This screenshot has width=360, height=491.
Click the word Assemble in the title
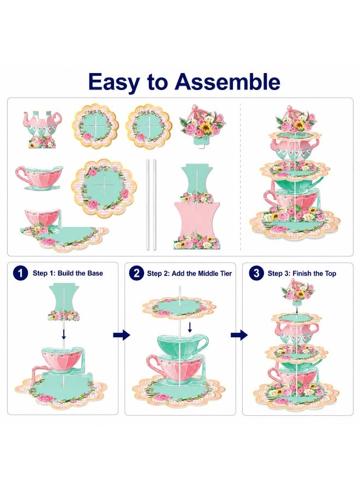point(227,82)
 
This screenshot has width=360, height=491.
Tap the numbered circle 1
point(20,273)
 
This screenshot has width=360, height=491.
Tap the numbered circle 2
point(136,273)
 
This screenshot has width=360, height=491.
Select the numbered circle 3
point(256,273)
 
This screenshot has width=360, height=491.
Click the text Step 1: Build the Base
point(68,273)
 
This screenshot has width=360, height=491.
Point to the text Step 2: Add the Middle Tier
point(189,273)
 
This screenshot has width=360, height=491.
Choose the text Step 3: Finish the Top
point(302,273)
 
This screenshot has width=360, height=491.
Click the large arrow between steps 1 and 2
point(122,335)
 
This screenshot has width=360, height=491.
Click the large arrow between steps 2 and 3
point(239,335)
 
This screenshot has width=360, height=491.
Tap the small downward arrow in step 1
point(64,334)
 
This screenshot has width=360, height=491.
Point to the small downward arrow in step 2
point(189,327)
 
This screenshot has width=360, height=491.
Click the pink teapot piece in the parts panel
point(42,128)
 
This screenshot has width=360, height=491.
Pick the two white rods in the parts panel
point(151,205)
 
